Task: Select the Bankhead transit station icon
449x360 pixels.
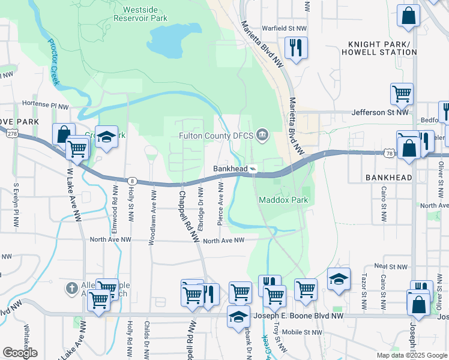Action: coord(253,169)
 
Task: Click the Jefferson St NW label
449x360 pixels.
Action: coord(379,112)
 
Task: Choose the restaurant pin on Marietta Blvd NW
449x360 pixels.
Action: coord(295,48)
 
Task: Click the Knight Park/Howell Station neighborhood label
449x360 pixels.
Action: coord(383,48)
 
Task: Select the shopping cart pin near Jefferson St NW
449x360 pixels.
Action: coord(402,94)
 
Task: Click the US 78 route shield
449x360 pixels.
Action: coord(391,154)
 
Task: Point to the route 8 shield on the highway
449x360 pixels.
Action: coord(131,180)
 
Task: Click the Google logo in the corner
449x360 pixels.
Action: coord(20,353)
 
